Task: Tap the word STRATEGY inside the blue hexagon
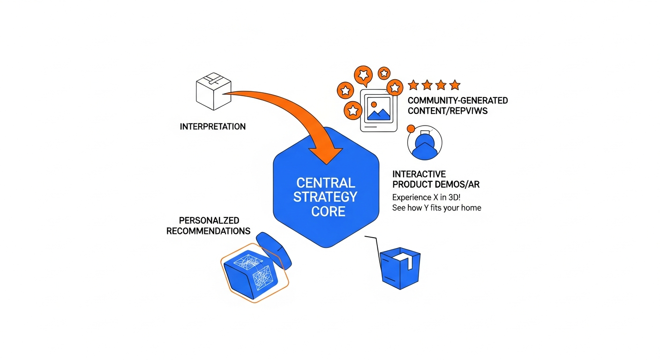(326, 196)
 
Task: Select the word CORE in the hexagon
(328, 211)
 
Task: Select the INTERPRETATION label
(212, 127)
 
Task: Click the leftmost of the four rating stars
(413, 85)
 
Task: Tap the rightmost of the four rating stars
(454, 85)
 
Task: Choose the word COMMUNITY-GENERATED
(457, 100)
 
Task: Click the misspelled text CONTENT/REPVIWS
(448, 111)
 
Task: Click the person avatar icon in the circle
(425, 143)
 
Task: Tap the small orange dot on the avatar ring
(411, 128)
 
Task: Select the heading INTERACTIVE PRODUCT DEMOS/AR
(435, 180)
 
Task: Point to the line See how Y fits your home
(436, 208)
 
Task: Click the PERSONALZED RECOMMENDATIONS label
(208, 225)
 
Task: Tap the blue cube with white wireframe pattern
(251, 273)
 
